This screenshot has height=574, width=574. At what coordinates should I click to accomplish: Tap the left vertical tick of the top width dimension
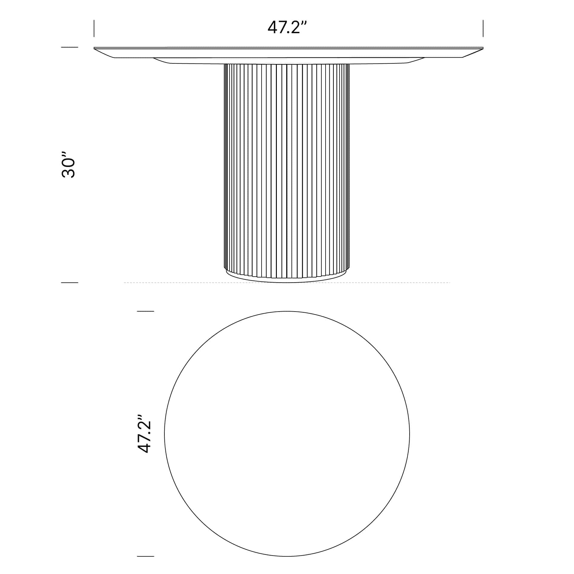tap(94, 28)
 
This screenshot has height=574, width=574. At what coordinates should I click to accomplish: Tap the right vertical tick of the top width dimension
tap(483, 28)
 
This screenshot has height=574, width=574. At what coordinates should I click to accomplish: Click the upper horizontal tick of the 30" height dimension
tap(69, 47)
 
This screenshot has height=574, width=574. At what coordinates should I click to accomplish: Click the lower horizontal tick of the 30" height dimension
tap(69, 283)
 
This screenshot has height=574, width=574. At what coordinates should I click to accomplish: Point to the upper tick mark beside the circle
tap(145, 311)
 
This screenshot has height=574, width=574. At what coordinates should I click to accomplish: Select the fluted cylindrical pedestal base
tap(286, 167)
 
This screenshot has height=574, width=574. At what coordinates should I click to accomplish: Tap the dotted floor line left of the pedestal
tap(173, 283)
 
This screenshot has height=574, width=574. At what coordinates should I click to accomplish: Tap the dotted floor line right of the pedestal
tap(401, 283)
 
